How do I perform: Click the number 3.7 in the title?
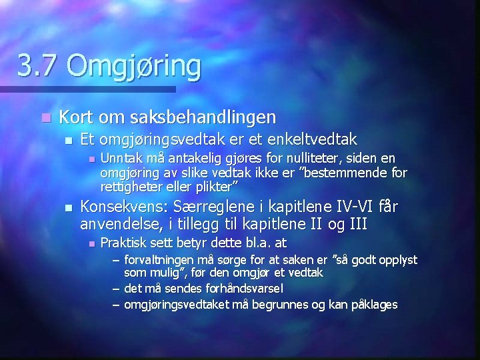(x=37, y=66)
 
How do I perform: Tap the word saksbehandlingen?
(x=199, y=117)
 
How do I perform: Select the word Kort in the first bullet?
(x=75, y=117)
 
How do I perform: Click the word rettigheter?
(x=131, y=185)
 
